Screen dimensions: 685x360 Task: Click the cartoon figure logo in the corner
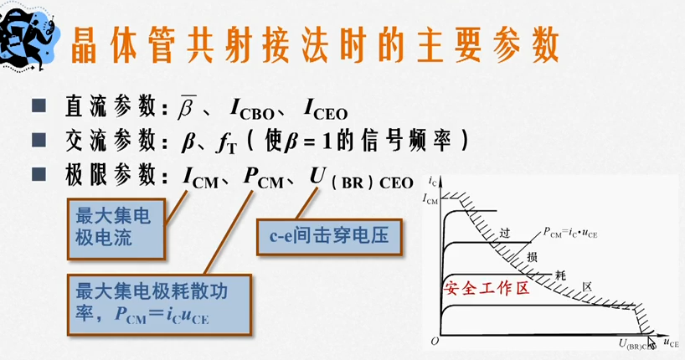point(27,32)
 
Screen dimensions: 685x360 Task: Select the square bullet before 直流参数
point(39,107)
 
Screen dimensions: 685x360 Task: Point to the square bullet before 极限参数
point(39,175)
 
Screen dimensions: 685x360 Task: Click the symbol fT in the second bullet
point(227,143)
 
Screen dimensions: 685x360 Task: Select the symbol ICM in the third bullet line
point(203,177)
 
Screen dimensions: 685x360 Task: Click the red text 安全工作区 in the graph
point(488,289)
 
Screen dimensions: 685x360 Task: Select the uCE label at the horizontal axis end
point(671,342)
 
